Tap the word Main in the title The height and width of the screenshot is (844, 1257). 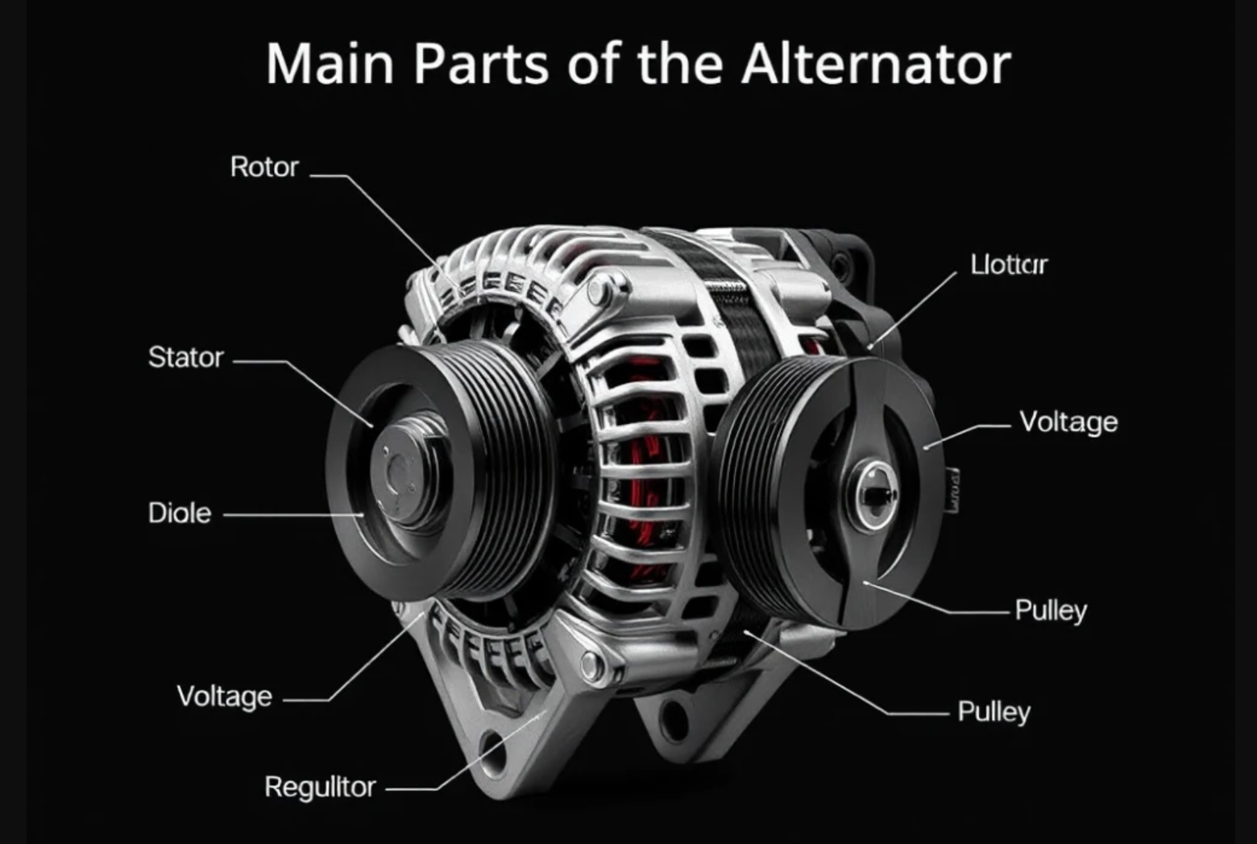click(x=330, y=64)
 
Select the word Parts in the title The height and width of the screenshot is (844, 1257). click(x=481, y=64)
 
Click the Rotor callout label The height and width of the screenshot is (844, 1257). click(x=264, y=167)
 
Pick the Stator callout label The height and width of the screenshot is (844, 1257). click(x=185, y=357)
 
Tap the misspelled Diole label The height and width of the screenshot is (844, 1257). click(x=180, y=513)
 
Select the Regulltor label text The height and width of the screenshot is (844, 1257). click(x=320, y=787)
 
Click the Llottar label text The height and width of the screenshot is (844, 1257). click(x=1008, y=264)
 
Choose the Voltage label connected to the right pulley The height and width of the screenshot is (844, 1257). click(x=1068, y=422)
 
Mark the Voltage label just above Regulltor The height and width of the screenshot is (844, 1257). click(x=224, y=696)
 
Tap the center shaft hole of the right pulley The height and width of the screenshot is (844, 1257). click(x=874, y=492)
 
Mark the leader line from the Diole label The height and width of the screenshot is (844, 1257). click(x=290, y=513)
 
